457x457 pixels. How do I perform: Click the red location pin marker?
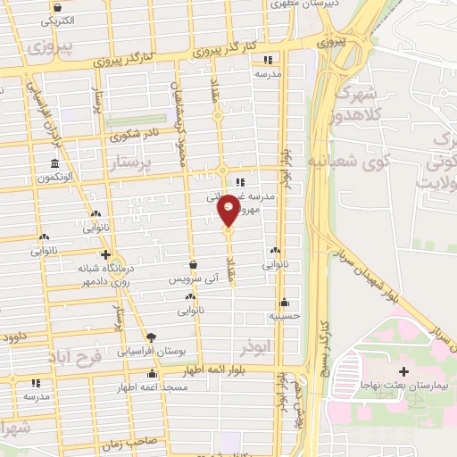coord(228,210)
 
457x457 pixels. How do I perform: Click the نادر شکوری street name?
coord(131,137)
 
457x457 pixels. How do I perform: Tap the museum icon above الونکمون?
coord(55,164)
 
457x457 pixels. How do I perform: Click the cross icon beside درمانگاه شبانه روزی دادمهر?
coord(105,255)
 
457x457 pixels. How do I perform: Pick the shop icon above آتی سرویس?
coord(194,264)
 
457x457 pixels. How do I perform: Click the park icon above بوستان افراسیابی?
coord(150,337)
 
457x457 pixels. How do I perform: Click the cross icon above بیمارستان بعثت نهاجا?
coord(403,370)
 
